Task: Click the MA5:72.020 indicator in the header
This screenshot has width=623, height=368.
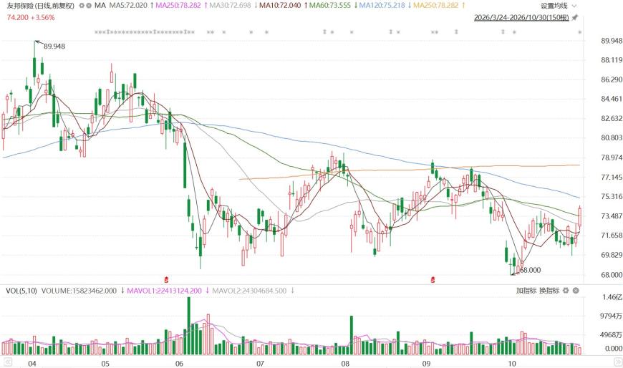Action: point(128,6)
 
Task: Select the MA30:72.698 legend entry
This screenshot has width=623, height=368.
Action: point(230,6)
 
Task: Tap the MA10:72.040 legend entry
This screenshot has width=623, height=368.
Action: point(280,6)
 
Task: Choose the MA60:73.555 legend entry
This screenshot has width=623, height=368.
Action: point(330,6)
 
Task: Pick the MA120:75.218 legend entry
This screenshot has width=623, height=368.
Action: point(382,6)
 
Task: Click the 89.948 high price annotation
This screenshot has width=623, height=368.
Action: point(54,47)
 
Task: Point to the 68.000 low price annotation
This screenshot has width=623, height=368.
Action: point(531,270)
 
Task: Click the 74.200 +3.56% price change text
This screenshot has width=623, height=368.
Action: point(31,18)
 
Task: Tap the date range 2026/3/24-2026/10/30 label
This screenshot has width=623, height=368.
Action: point(521,18)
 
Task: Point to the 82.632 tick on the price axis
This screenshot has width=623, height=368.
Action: point(612,118)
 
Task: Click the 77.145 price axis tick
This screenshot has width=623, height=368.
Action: point(612,178)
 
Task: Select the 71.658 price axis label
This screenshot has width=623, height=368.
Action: point(612,236)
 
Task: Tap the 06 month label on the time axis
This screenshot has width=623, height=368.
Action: point(179,363)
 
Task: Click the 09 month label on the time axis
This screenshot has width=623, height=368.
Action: point(426,363)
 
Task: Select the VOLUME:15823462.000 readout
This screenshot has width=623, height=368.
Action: point(79,291)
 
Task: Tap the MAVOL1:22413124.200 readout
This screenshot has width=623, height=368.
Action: point(164,291)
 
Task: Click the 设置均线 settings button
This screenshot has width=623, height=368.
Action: point(554,6)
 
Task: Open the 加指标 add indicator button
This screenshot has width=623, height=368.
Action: point(526,291)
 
